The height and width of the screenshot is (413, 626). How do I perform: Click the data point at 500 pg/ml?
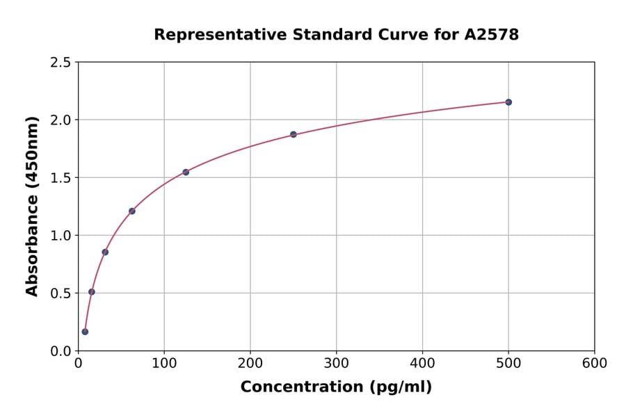[508, 102]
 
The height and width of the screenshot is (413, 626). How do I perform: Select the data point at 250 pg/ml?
[294, 134]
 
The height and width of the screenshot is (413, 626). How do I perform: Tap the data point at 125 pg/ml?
[186, 172]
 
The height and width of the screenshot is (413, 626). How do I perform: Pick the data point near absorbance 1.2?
[132, 211]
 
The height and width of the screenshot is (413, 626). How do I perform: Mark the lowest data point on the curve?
[85, 332]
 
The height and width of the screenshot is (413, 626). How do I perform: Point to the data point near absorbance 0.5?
[92, 292]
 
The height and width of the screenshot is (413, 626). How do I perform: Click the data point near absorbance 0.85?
[105, 252]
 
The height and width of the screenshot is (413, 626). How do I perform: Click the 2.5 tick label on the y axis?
[60, 63]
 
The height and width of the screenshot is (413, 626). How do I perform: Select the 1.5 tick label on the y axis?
[60, 178]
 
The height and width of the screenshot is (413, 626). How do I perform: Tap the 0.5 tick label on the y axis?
[60, 293]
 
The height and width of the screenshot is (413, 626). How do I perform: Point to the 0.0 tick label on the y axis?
[60, 351]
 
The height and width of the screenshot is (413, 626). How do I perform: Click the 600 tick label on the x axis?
[595, 364]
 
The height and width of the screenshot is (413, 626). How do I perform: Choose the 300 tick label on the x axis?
[337, 364]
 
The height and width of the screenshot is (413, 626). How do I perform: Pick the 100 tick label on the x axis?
[164, 364]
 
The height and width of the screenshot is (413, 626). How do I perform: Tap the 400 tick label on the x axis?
[422, 364]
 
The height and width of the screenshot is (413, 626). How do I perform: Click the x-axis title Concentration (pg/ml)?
[336, 387]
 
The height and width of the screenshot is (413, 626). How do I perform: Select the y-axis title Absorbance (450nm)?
[32, 206]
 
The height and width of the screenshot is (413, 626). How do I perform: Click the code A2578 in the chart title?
[492, 35]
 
